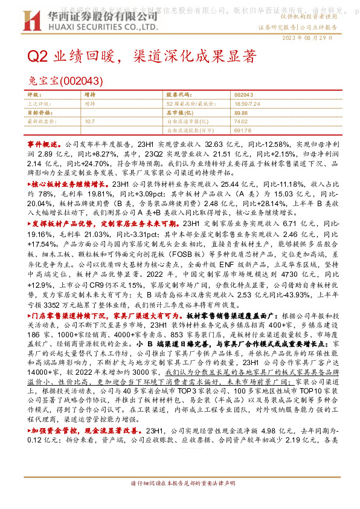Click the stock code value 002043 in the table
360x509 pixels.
pos(243,96)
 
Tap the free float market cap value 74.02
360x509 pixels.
pos(241,121)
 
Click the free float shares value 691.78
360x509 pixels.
pos(243,129)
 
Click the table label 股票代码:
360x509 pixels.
pos(177,96)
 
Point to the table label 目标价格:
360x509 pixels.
pos(40,112)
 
